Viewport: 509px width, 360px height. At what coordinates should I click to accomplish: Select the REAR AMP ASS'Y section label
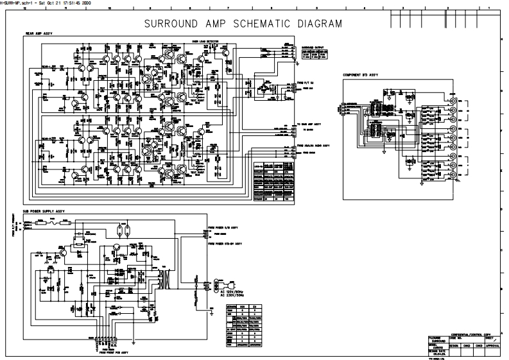pos(39,33)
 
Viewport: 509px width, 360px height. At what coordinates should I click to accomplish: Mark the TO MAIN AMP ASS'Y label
pos(309,123)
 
